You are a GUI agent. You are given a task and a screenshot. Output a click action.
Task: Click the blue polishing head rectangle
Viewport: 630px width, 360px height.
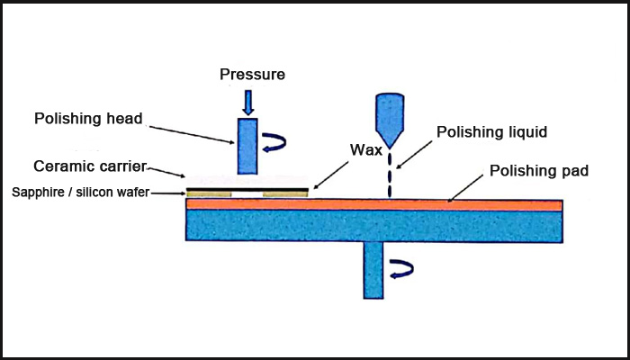pos(247,146)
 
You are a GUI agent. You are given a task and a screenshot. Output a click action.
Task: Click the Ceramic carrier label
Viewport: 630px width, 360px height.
pos(90,167)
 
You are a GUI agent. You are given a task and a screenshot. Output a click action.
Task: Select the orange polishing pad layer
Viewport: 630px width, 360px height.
pos(373,205)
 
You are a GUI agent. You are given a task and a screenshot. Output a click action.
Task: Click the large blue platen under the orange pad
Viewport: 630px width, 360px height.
pos(373,226)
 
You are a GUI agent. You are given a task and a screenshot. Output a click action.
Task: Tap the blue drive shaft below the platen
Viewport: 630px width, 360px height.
pos(374,270)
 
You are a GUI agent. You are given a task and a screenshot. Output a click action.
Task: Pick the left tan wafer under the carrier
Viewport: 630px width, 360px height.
pos(209,194)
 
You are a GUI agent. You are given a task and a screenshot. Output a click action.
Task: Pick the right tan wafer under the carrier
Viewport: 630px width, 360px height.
pos(284,194)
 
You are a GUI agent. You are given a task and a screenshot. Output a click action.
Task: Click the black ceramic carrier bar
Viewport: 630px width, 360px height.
pos(247,189)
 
